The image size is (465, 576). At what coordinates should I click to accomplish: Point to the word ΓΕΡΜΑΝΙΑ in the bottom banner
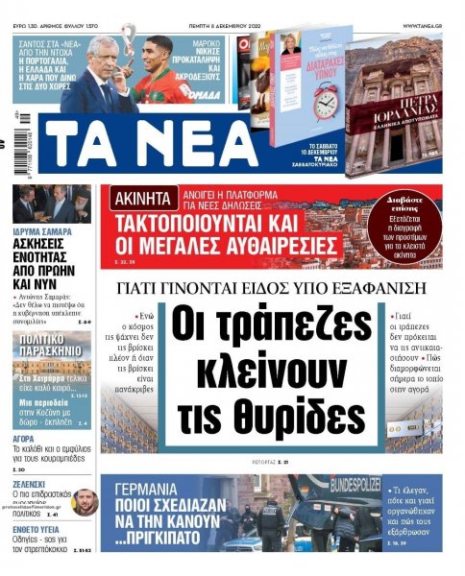click(162, 487)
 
